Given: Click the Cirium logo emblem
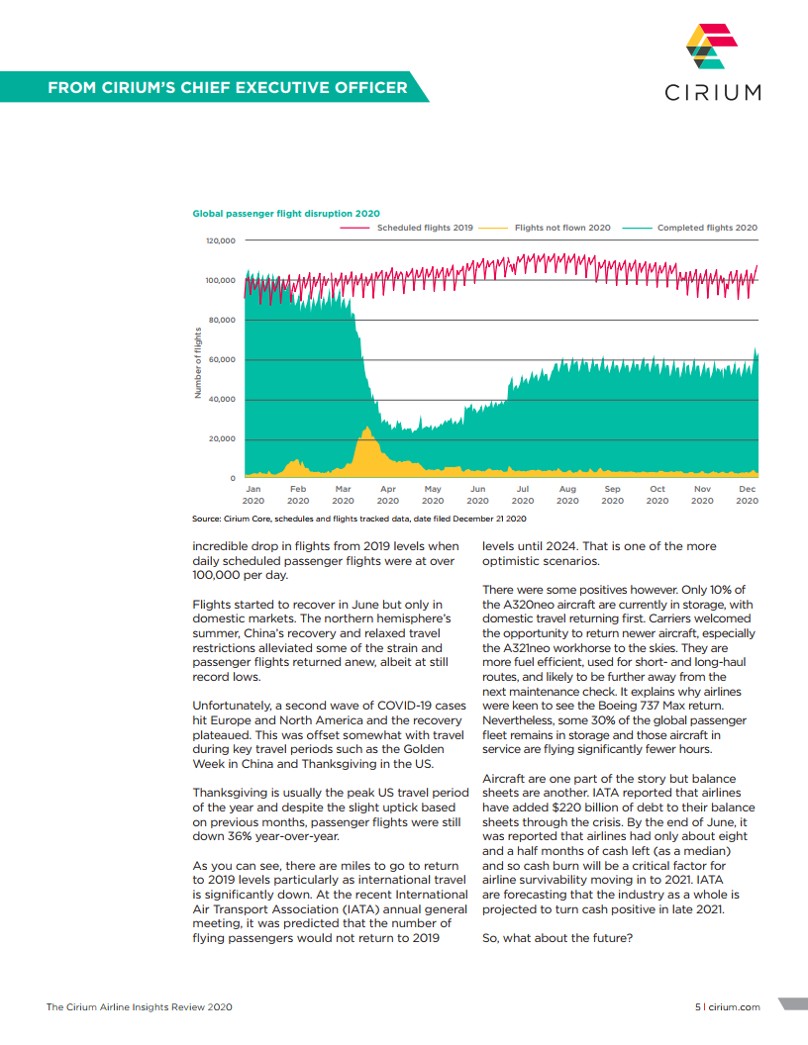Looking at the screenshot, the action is (x=712, y=46).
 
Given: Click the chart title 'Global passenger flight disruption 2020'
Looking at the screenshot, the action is (x=286, y=214).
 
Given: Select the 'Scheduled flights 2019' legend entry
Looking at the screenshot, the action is (x=407, y=228).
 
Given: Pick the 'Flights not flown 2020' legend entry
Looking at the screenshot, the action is (x=545, y=228).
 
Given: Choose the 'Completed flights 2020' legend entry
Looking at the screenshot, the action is (x=690, y=228).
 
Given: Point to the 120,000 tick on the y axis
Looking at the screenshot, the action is (x=221, y=240).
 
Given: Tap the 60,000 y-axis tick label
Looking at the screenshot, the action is (x=222, y=360).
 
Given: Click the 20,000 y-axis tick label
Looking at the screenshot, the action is (x=222, y=438).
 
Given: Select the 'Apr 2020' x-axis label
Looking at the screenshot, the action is (x=388, y=495).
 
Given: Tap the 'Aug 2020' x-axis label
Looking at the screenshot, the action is (x=567, y=495).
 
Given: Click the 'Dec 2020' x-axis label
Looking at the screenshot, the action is (x=748, y=495).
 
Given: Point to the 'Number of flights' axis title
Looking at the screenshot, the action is (x=197, y=362).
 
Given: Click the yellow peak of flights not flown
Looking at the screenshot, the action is (x=366, y=428).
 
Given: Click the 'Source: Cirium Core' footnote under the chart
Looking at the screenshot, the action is (x=358, y=519).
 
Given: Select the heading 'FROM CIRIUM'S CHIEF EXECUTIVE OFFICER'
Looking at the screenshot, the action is (x=228, y=87).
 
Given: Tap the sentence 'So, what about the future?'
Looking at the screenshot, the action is (x=557, y=938).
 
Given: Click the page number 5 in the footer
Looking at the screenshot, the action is (x=698, y=1007).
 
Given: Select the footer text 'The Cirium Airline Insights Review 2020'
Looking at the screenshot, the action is (x=140, y=1007).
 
